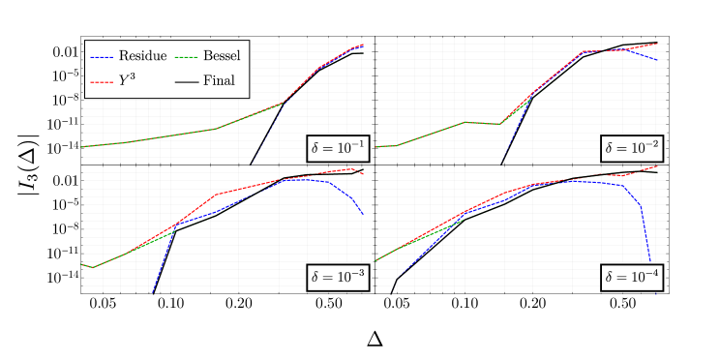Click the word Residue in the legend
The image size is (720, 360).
coord(142,57)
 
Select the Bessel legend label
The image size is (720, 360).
coord(222,57)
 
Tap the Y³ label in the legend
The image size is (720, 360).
coord(127,81)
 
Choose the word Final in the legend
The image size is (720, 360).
coord(219,81)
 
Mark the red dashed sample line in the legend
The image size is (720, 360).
coord(102,82)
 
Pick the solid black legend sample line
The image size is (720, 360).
coord(186,82)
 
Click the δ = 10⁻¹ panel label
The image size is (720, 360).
coord(338,148)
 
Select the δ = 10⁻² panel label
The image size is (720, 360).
coord(633,148)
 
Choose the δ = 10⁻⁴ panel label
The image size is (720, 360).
coord(633,277)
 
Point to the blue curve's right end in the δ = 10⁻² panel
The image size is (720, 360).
coord(657,60)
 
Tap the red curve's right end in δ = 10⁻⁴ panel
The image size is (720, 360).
coord(656,166)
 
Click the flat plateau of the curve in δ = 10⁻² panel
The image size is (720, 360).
coord(484,123)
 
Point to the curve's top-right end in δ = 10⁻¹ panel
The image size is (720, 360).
coord(362,45)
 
